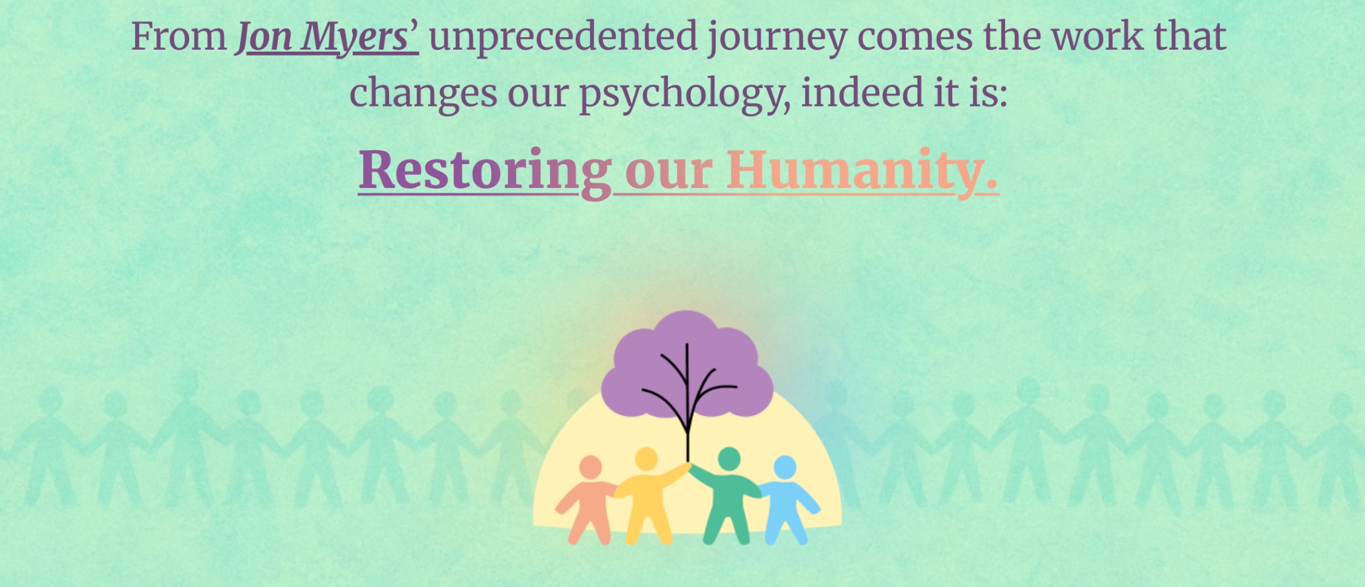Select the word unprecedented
564,38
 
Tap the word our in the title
669,173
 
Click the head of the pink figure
590,467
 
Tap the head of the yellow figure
646,459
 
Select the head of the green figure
728,459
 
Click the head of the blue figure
785,467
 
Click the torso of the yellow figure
645,496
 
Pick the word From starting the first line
179,36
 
